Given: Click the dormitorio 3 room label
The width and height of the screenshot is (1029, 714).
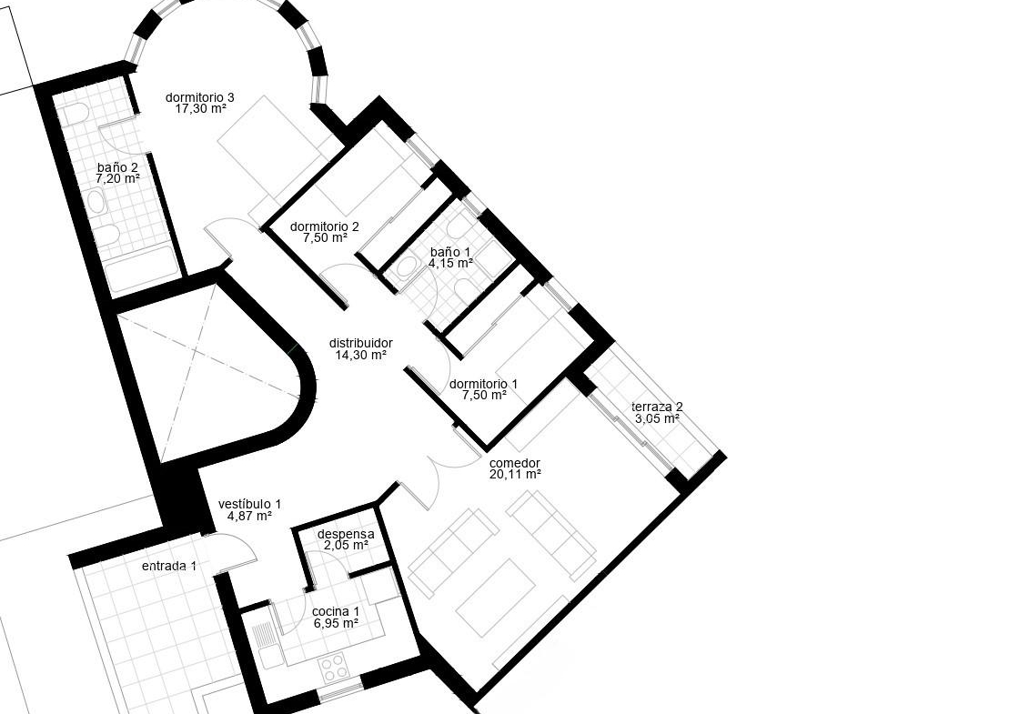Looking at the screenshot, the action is point(199,98).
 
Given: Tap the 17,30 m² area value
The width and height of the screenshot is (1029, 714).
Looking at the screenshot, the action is point(200,109).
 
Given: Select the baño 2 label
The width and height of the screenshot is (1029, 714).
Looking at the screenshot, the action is point(117,167).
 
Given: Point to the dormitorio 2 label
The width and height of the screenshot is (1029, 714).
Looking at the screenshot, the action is point(324,227).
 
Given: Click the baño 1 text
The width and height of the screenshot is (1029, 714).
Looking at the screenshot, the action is point(450,252).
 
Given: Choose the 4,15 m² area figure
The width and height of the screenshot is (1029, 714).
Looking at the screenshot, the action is point(451,263).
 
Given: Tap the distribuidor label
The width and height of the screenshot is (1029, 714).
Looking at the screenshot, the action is point(361,343).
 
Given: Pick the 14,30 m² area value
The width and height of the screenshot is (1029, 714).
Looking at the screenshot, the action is point(361,355).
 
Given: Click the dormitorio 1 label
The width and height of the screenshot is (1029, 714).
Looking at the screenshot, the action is point(484,384).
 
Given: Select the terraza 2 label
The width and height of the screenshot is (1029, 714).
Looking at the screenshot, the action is point(657,407).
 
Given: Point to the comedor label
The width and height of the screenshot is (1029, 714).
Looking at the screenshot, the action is point(515,463).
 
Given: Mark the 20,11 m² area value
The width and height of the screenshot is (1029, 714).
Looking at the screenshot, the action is point(515,474).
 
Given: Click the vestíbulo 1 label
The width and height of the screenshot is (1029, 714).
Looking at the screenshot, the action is point(249,504).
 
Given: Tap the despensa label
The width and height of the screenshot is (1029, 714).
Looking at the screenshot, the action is point(346,534).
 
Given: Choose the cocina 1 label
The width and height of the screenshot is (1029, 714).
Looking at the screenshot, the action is point(336,611).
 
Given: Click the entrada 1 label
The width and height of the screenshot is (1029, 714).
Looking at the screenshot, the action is point(168,566).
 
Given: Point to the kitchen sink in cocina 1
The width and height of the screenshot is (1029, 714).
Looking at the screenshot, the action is point(265,637).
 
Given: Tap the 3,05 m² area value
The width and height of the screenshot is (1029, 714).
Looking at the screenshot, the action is point(657,418).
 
